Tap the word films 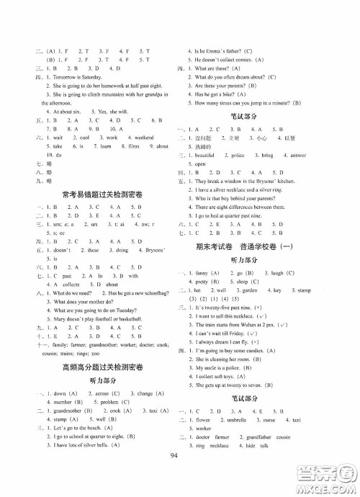pyautogui.click(x=132, y=146)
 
